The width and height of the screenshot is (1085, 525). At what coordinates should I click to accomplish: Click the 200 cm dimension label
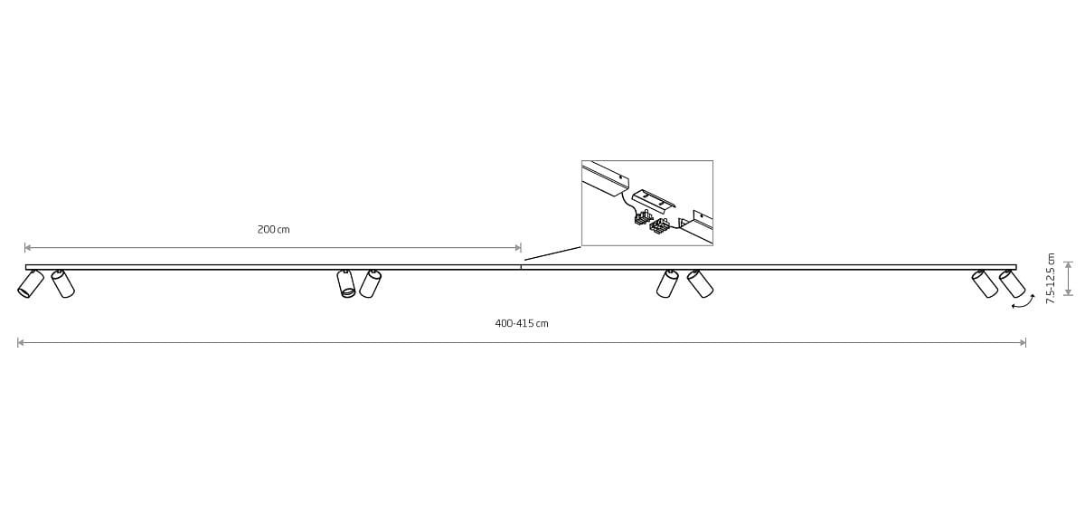pyautogui.click(x=273, y=230)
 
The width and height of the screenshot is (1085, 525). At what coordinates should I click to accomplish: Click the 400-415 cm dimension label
pyautogui.click(x=522, y=324)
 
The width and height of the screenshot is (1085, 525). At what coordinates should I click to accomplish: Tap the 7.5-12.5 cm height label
pyautogui.click(x=1051, y=279)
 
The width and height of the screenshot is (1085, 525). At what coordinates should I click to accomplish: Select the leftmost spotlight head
pyautogui.click(x=30, y=284)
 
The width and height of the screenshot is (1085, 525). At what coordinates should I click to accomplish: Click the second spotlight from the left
pyautogui.click(x=62, y=283)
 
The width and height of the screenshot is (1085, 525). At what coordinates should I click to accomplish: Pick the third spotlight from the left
pyautogui.click(x=346, y=284)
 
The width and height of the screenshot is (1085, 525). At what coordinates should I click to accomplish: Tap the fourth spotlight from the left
pyautogui.click(x=370, y=283)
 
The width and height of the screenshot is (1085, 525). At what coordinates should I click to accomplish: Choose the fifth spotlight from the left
pyautogui.click(x=667, y=283)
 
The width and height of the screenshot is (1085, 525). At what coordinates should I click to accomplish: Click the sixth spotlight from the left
pyautogui.click(x=700, y=283)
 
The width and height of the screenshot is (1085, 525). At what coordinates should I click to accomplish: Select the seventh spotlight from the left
pyautogui.click(x=985, y=283)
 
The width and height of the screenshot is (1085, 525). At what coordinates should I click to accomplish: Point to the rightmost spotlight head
pyautogui.click(x=1012, y=283)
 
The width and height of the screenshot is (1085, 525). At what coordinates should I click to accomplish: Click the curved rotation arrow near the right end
pyautogui.click(x=1024, y=302)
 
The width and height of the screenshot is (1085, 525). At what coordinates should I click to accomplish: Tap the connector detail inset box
pyautogui.click(x=646, y=203)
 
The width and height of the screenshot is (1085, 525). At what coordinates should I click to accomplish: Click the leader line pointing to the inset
pyautogui.click(x=552, y=253)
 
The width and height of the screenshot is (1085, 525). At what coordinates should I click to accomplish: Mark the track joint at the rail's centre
pyautogui.click(x=521, y=267)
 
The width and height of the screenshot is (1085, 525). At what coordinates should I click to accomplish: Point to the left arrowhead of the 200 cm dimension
pyautogui.click(x=28, y=247)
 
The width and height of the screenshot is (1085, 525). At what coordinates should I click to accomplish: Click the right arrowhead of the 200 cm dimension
pyautogui.click(x=517, y=247)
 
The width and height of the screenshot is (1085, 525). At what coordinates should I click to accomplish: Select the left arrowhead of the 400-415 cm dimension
pyautogui.click(x=21, y=342)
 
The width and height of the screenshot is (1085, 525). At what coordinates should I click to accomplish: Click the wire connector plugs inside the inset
pyautogui.click(x=652, y=221)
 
